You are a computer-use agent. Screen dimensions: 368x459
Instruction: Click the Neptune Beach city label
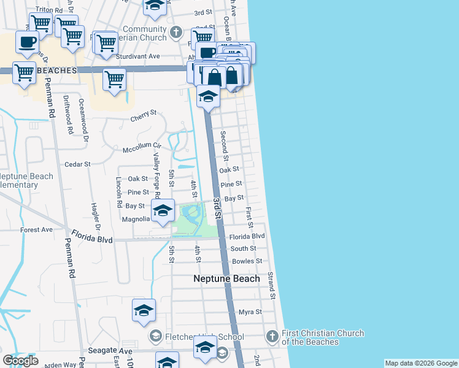226,278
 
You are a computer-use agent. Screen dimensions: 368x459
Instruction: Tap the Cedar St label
78,164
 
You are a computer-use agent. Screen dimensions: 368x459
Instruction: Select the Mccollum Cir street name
141,147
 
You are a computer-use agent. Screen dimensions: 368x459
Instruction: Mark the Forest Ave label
36,230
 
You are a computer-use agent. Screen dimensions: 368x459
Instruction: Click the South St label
243,248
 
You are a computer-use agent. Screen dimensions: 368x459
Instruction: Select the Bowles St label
247,261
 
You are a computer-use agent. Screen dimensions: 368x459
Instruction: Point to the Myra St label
250,312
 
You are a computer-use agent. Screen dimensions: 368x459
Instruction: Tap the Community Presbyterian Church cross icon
176,31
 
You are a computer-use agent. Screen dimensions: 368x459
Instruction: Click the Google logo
20,361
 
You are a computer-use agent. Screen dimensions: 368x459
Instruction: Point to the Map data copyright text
420,363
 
